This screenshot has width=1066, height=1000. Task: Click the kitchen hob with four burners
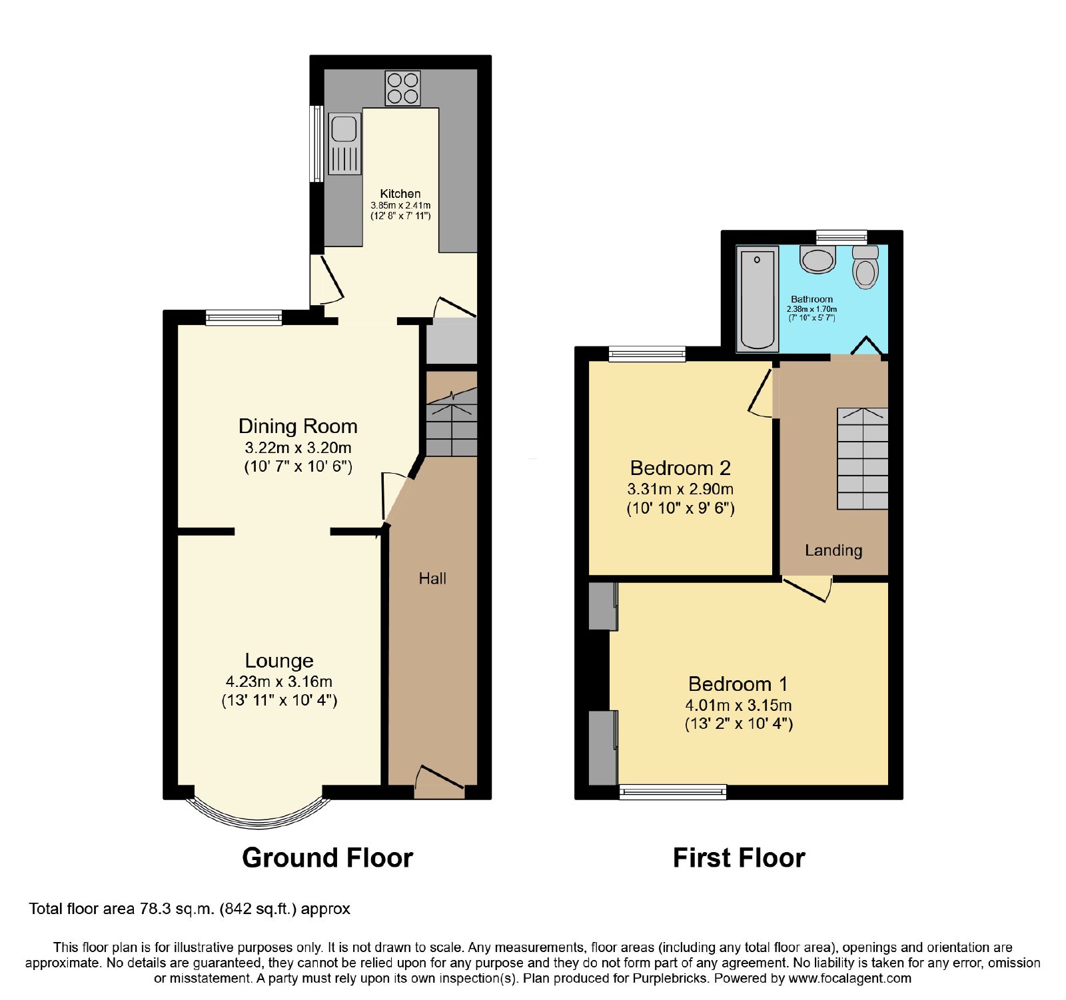tap(402, 88)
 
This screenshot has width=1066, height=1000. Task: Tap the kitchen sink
tap(345, 144)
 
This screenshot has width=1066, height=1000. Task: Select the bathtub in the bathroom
tap(758, 298)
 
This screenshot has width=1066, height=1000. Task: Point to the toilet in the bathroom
tap(865, 267)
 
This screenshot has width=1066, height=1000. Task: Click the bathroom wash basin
tap(818, 259)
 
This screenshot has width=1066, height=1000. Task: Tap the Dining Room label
tap(298, 426)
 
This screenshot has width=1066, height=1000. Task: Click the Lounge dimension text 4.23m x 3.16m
tap(279, 682)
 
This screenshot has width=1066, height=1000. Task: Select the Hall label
tap(432, 578)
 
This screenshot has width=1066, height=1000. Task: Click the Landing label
tap(833, 550)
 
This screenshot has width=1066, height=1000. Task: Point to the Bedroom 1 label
tap(738, 684)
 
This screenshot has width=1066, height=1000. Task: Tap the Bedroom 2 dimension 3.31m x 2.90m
tap(680, 489)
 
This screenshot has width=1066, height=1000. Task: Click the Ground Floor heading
tap(327, 858)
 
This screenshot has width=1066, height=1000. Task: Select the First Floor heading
tap(739, 858)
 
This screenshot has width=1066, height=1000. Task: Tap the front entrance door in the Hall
tap(439, 782)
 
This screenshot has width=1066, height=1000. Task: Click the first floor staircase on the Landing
tap(863, 458)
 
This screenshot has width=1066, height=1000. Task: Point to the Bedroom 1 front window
tap(673, 791)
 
